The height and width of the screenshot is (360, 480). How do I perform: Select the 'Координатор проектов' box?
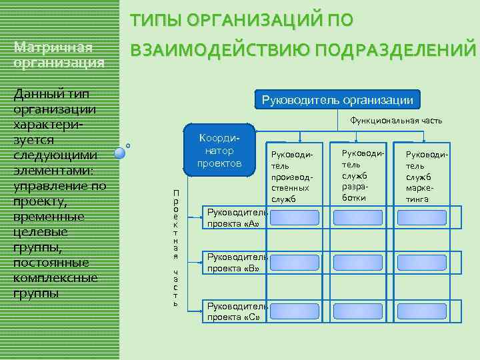[x=219, y=150]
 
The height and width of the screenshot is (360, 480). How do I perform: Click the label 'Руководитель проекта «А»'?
[x=236, y=218]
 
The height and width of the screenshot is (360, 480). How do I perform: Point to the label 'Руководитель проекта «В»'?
[x=236, y=263]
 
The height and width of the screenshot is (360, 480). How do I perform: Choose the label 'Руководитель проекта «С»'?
[x=236, y=311]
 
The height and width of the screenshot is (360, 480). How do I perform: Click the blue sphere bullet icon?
[x=120, y=153]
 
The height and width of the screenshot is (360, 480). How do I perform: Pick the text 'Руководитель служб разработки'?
[x=358, y=172]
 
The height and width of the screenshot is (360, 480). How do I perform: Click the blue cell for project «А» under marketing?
[x=422, y=217]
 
